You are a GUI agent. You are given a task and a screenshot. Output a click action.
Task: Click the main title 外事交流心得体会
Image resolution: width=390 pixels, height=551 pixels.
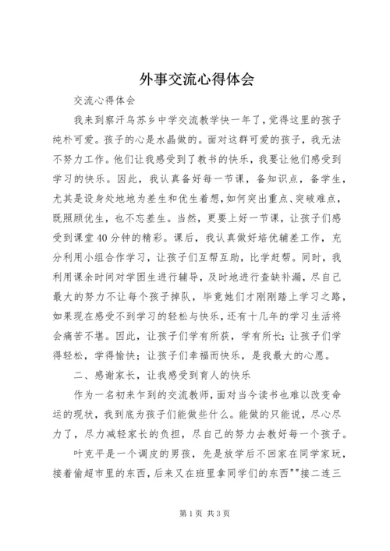tap(195, 79)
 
